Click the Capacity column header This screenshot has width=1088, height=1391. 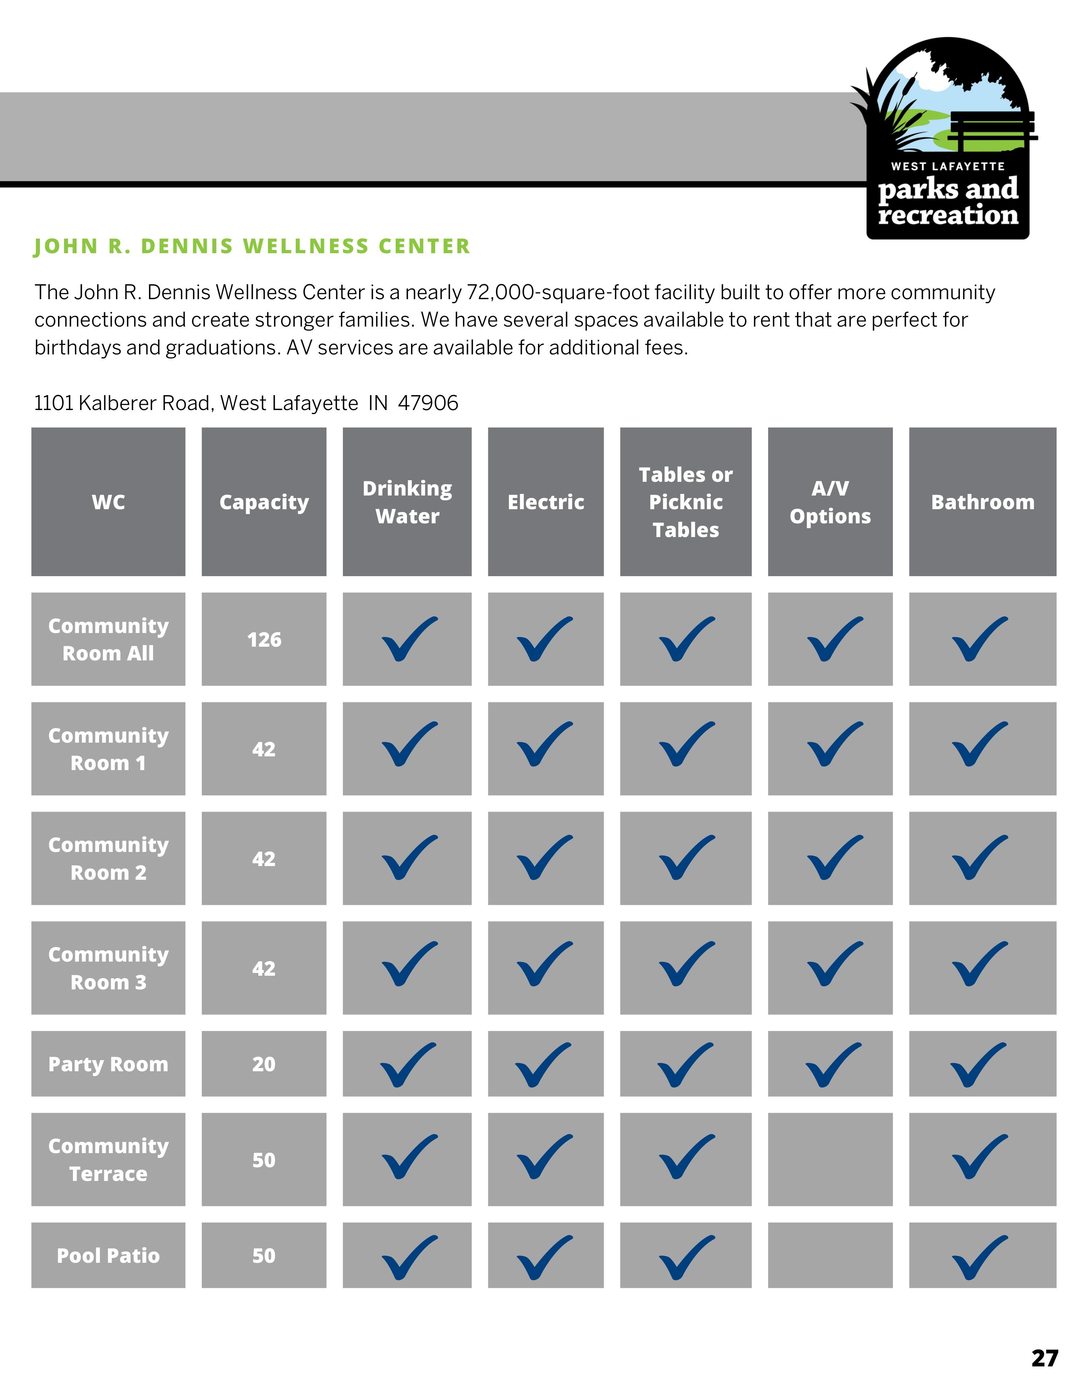(x=264, y=502)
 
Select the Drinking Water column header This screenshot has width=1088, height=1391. (x=407, y=502)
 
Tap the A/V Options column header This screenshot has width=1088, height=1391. (x=830, y=502)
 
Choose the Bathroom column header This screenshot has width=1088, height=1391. (x=982, y=502)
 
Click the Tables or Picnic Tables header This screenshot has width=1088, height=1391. (x=685, y=502)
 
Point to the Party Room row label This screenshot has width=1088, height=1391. (x=108, y=1064)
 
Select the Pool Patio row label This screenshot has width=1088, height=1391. (x=108, y=1255)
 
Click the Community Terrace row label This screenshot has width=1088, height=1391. (x=108, y=1160)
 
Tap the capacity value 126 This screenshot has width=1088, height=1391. (x=264, y=639)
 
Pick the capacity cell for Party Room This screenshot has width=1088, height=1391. (x=264, y=1064)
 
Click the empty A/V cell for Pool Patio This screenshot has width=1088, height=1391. (x=830, y=1255)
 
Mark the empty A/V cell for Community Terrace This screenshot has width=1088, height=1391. (x=830, y=1160)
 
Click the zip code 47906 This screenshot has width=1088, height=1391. (x=428, y=403)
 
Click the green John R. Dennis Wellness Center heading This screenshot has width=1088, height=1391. (x=252, y=247)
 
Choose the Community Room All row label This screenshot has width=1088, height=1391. (x=108, y=639)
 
